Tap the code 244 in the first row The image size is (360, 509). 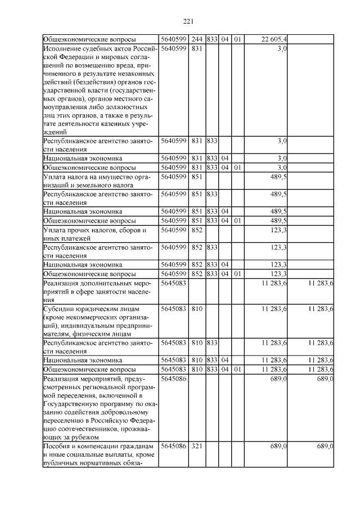pos(196,39)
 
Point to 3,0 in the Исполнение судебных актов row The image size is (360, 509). pos(283,48)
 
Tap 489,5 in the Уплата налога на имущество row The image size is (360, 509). pos(279,177)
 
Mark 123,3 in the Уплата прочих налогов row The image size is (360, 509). pos(279,231)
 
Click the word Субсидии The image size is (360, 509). pos(58,309)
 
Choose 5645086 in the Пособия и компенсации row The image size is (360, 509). pos(173,446)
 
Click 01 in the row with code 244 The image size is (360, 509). pos(237,39)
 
